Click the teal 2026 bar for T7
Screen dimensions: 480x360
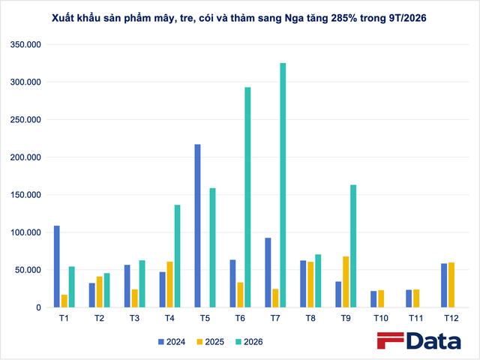coord(283,185)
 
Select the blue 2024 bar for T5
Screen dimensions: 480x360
coord(198,226)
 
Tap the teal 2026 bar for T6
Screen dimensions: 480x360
coord(247,197)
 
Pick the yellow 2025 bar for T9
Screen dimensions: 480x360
coord(346,282)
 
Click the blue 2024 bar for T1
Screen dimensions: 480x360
coord(57,267)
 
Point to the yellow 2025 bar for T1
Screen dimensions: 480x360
coord(64,301)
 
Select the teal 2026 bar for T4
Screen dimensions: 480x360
coord(177,256)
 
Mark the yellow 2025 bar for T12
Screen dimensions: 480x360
coord(451,285)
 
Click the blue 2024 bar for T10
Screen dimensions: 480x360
coord(373,299)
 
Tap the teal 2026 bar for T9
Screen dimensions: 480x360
coord(353,246)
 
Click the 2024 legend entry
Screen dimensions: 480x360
coord(172,342)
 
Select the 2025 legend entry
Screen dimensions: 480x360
coord(211,342)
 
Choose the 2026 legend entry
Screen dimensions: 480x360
coord(249,342)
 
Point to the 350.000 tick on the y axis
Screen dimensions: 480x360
coord(25,45)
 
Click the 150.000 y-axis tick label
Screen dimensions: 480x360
coord(25,195)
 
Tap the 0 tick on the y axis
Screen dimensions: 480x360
coord(38,307)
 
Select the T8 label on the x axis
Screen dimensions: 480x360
coord(310,318)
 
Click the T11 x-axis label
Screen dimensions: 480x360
coord(416,318)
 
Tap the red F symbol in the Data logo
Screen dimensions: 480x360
coord(390,340)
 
